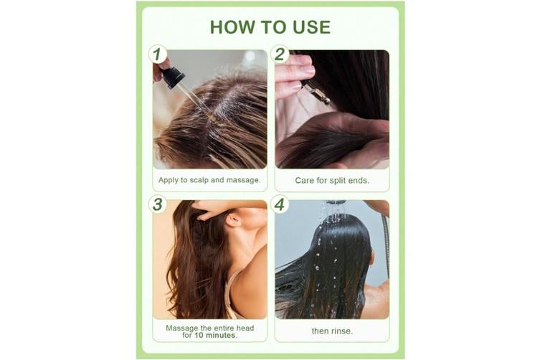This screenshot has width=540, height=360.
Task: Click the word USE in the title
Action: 312,27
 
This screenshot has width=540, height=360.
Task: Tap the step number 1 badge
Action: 157,55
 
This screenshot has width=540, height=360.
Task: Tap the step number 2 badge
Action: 280,55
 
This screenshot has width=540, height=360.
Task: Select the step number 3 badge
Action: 157,204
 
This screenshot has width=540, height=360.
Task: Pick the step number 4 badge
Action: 280,204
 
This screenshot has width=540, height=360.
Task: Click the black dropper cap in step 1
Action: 173,77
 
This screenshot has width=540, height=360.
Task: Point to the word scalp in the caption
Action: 199,180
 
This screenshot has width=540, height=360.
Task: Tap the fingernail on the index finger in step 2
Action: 308,70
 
